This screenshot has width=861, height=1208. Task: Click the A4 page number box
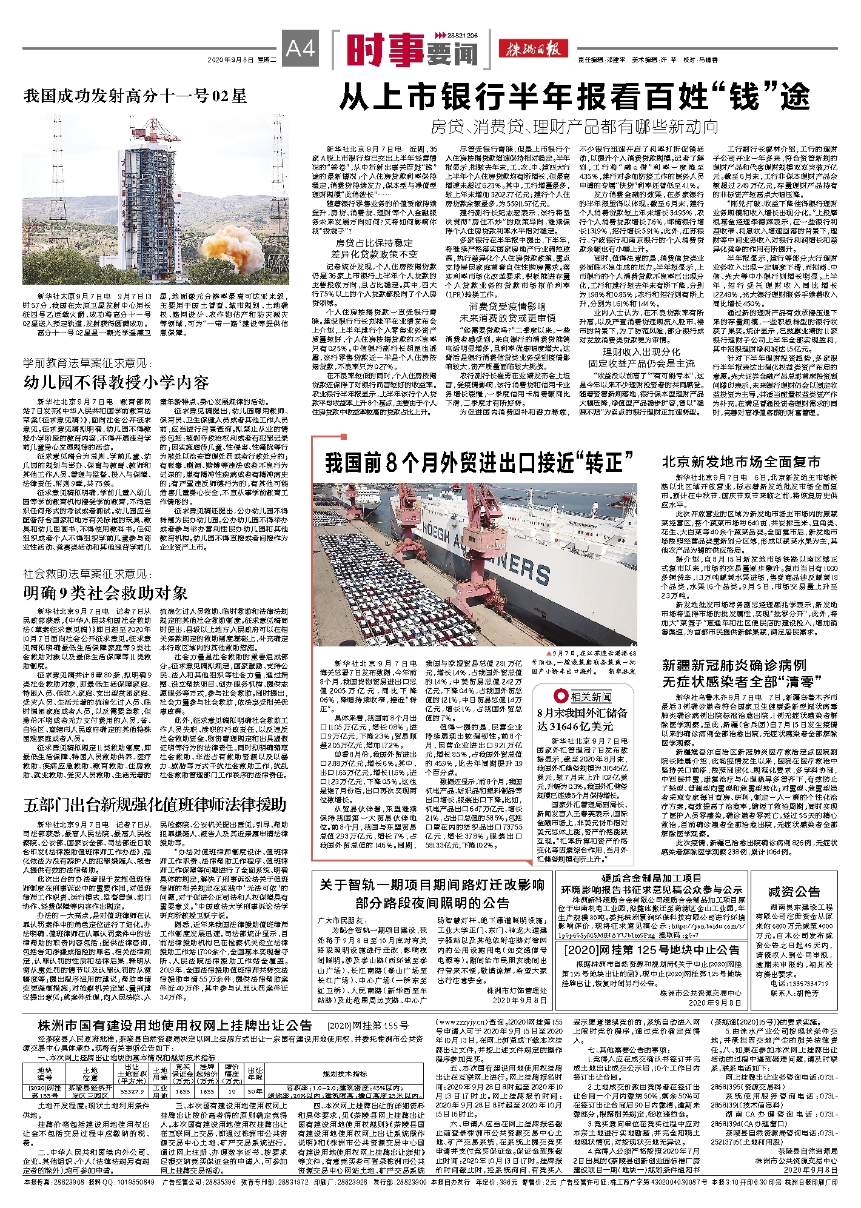click(300, 47)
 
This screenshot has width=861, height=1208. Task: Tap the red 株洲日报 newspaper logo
click(533, 49)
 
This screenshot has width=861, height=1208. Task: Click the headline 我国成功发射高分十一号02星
click(135, 96)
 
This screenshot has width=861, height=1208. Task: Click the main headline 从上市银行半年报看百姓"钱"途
click(574, 97)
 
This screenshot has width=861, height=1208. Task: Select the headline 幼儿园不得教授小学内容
click(116, 382)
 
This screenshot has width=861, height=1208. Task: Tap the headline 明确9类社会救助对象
click(106, 592)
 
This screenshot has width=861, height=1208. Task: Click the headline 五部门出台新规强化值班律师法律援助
click(155, 805)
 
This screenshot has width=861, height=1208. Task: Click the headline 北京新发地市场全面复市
click(741, 462)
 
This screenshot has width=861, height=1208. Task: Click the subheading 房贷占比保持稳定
click(374, 243)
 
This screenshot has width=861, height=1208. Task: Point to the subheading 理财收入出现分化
click(641, 352)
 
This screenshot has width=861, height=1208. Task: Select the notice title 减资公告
click(794, 891)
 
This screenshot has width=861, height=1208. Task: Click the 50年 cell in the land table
click(255, 1090)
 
